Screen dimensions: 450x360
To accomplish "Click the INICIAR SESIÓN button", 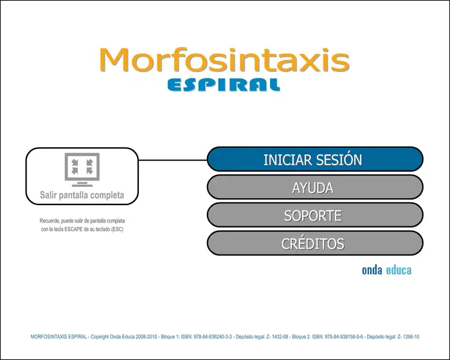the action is [315, 159].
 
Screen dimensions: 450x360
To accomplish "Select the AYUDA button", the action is [315, 187].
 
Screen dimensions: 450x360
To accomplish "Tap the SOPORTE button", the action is [315, 215].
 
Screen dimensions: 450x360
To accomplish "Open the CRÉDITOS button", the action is [315, 243].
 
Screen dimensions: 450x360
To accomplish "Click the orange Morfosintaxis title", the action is [224, 60].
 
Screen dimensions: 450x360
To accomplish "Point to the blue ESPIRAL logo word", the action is [224, 85].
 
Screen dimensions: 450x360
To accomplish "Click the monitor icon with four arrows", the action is [82, 170].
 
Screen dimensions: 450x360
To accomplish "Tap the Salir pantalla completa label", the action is [82, 195].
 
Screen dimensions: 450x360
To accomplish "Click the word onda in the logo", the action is [372, 270].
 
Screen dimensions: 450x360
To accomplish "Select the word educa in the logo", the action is [399, 270].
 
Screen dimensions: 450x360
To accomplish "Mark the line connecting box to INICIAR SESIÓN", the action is [173, 160].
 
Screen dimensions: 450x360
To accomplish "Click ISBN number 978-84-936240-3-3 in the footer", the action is [213, 337].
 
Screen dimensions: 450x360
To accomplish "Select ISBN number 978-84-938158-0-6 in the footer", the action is [344, 337].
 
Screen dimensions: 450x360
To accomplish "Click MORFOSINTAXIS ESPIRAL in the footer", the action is [59, 337].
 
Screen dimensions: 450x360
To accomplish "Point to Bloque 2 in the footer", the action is [301, 337].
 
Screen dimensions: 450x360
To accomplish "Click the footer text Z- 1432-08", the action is [277, 337].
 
